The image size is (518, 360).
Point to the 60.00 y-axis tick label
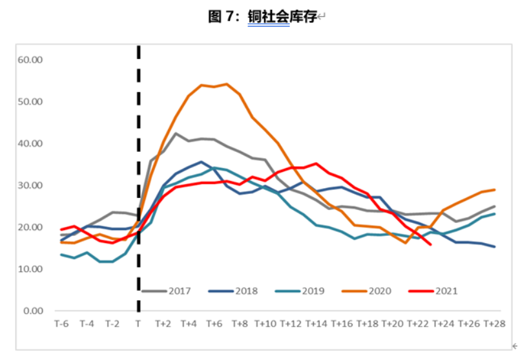pyautogui.click(x=30, y=59)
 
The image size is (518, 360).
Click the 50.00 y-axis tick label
pyautogui.click(x=30, y=101)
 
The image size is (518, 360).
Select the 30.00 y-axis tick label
pyautogui.click(x=30, y=185)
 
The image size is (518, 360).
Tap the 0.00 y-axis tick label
pyautogui.click(x=32, y=311)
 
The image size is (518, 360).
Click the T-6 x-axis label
pyautogui.click(x=61, y=323)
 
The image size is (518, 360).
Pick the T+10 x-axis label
pyautogui.click(x=265, y=323)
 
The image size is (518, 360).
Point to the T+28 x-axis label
pyautogui.click(x=494, y=323)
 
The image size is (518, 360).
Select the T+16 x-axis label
pyautogui.click(x=342, y=323)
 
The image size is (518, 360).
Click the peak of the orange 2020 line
pyautogui.click(x=227, y=83)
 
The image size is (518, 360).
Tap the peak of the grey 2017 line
pyautogui.click(x=176, y=133)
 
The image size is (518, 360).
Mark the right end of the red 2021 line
pyautogui.click(x=431, y=244)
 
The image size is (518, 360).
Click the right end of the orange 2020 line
pyautogui.click(x=495, y=189)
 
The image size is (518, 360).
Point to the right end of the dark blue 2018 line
pyautogui.click(x=495, y=246)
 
